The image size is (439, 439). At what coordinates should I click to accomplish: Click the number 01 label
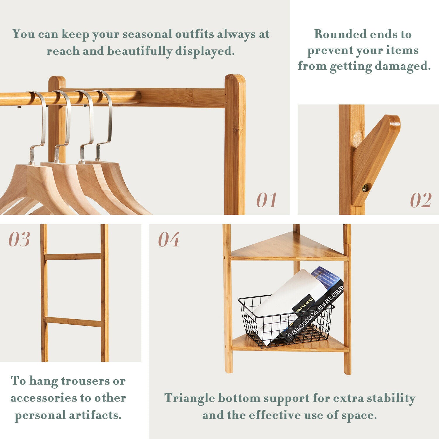[x=267, y=200]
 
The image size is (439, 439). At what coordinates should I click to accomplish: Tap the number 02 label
[x=421, y=200]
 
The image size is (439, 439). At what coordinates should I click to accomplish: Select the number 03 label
[x=19, y=239]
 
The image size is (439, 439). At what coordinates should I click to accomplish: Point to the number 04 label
[x=169, y=240]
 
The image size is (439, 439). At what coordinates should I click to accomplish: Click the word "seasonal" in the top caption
[x=147, y=34]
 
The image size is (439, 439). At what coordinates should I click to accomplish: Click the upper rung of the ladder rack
[x=73, y=257]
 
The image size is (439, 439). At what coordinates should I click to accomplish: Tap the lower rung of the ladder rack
[x=73, y=321]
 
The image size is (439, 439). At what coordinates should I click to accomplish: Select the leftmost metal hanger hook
[x=38, y=126]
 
